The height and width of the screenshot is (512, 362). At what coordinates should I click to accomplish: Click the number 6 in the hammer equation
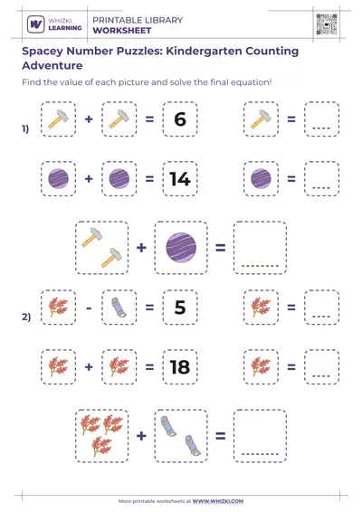pos(180,119)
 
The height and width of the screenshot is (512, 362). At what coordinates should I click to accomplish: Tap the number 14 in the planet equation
pos(180,179)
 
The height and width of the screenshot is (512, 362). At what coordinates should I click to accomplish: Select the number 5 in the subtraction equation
pos(180,308)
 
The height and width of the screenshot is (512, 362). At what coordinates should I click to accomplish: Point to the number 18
pos(180,367)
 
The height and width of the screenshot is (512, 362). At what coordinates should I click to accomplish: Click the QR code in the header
pos(327,24)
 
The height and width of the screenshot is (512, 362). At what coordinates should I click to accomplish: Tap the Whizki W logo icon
pos(35,24)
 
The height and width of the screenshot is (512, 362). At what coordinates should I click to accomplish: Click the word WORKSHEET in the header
pos(122,31)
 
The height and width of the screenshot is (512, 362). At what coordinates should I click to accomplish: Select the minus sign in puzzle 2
pos(89,308)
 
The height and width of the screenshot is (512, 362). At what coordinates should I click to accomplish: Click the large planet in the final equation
pos(181,248)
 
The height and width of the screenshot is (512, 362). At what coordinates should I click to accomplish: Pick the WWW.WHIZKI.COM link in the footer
pos(217,501)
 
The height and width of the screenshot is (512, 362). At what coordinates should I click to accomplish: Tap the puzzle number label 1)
pos(25,128)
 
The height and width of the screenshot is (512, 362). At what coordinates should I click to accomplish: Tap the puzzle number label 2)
pos(26,317)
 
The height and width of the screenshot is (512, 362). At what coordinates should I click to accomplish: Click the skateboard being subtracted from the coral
pos(119,308)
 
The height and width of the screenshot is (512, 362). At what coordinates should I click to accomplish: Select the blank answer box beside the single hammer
pos(322,119)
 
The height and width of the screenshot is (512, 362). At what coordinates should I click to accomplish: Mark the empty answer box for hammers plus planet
pos(260,248)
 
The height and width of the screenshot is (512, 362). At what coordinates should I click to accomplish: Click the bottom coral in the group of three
pos(101,446)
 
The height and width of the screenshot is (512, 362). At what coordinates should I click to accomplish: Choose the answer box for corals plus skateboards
pos(260,436)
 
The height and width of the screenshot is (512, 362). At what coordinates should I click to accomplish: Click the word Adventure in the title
pos(52,66)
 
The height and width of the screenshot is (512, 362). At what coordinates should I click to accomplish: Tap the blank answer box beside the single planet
pos(322,178)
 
